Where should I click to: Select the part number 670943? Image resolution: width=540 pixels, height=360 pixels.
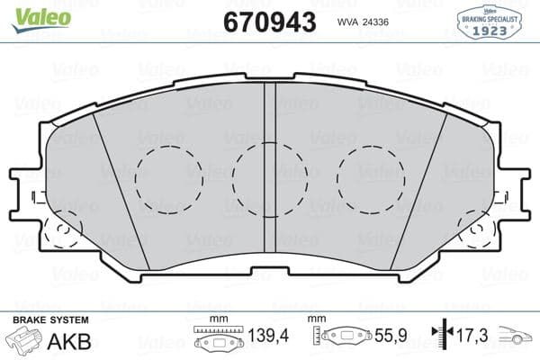pyautogui.click(x=268, y=21)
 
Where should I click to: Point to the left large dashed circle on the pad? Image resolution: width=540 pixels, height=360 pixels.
pyautogui.click(x=166, y=176)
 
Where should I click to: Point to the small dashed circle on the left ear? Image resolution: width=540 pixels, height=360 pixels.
pyautogui.click(x=62, y=229)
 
